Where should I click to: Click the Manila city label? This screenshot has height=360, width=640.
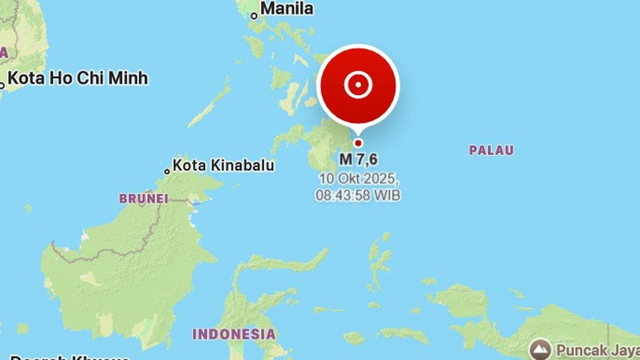coord(287,9)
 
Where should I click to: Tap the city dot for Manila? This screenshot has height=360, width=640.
coord(254,16)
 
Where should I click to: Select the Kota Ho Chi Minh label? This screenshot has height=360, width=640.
coord(78,78)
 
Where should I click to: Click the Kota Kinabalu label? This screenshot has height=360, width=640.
coord(224,165)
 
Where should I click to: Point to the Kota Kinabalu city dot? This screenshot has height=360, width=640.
coord(167,171)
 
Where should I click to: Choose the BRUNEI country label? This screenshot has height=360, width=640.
coord(143,199)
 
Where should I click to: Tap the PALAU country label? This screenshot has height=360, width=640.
coord(491,150)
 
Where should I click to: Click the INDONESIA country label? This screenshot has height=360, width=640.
coord(234,334)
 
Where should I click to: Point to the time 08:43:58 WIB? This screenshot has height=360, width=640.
coord(358,195)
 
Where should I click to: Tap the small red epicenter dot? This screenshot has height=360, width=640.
coord(358,142)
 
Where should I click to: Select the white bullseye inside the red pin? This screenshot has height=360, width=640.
coord(358,85)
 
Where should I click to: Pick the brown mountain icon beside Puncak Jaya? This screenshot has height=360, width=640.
coord(540,349)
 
